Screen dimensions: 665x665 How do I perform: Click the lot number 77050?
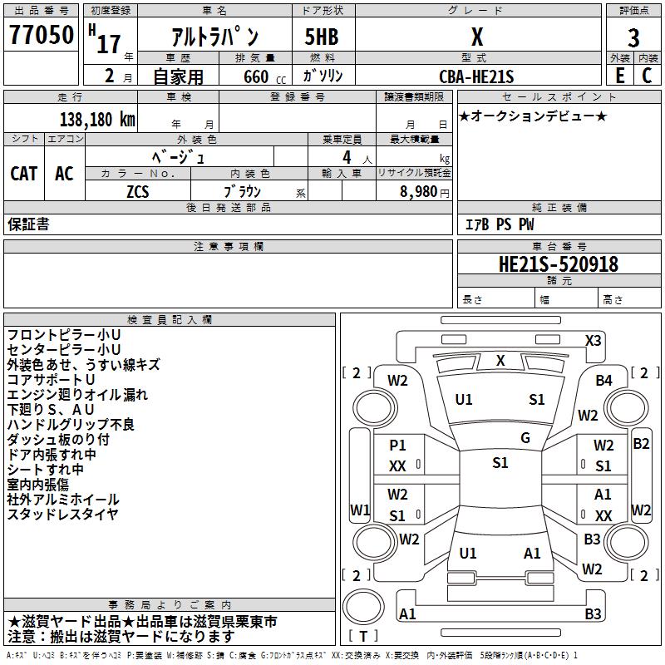click(41, 36)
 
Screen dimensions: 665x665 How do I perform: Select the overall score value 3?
click(633, 38)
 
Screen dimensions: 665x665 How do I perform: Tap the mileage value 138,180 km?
click(97, 119)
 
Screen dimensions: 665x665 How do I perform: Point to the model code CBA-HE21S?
click(477, 76)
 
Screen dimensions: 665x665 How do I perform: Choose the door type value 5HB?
click(322, 37)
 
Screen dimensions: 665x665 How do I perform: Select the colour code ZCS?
click(138, 190)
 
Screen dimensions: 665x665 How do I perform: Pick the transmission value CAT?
click(24, 173)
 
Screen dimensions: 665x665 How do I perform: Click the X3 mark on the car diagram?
click(594, 340)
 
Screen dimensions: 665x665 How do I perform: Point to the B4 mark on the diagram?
click(603, 381)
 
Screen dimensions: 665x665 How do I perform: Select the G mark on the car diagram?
click(525, 438)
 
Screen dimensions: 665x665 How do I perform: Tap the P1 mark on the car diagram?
click(397, 446)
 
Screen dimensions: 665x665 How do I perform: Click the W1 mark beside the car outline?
click(359, 510)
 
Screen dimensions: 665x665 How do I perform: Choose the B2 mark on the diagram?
click(641, 443)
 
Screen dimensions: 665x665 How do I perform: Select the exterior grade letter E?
click(619, 75)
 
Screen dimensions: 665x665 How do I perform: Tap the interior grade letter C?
click(647, 75)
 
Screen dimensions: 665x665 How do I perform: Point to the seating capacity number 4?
click(346, 156)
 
